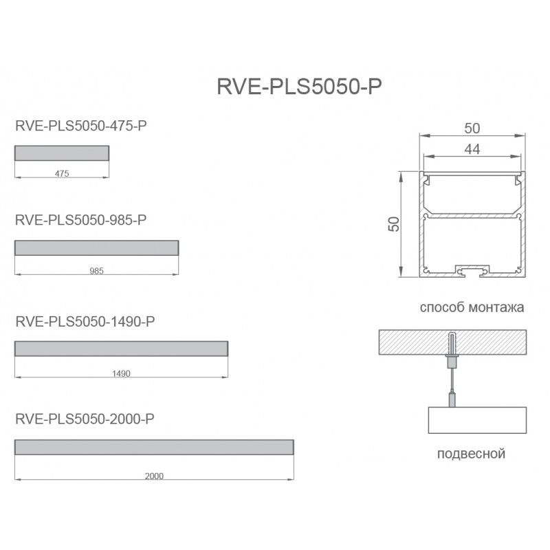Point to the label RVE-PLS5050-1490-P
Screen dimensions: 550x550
pyautogui.click(x=84, y=321)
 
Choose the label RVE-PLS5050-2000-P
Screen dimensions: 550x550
pyautogui.click(x=84, y=419)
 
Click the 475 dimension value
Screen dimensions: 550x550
pyautogui.click(x=62, y=174)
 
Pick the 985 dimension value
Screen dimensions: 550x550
pyautogui.click(x=96, y=272)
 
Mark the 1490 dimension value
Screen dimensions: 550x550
pyautogui.click(x=120, y=374)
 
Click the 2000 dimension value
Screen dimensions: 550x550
pyautogui.click(x=155, y=476)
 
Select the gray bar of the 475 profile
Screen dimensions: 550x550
pyautogui.click(x=62, y=153)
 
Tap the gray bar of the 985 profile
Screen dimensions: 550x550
pyautogui.click(x=96, y=247)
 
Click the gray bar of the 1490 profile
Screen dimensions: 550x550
pyautogui.click(x=121, y=349)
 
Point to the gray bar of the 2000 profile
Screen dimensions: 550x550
pyautogui.click(x=155, y=447)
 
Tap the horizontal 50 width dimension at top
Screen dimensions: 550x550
pyautogui.click(x=472, y=128)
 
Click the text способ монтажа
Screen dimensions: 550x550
pyautogui.click(x=472, y=307)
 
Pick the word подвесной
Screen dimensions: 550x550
pyautogui.click(x=472, y=454)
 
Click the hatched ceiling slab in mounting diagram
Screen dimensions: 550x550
pyautogui.click(x=412, y=342)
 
